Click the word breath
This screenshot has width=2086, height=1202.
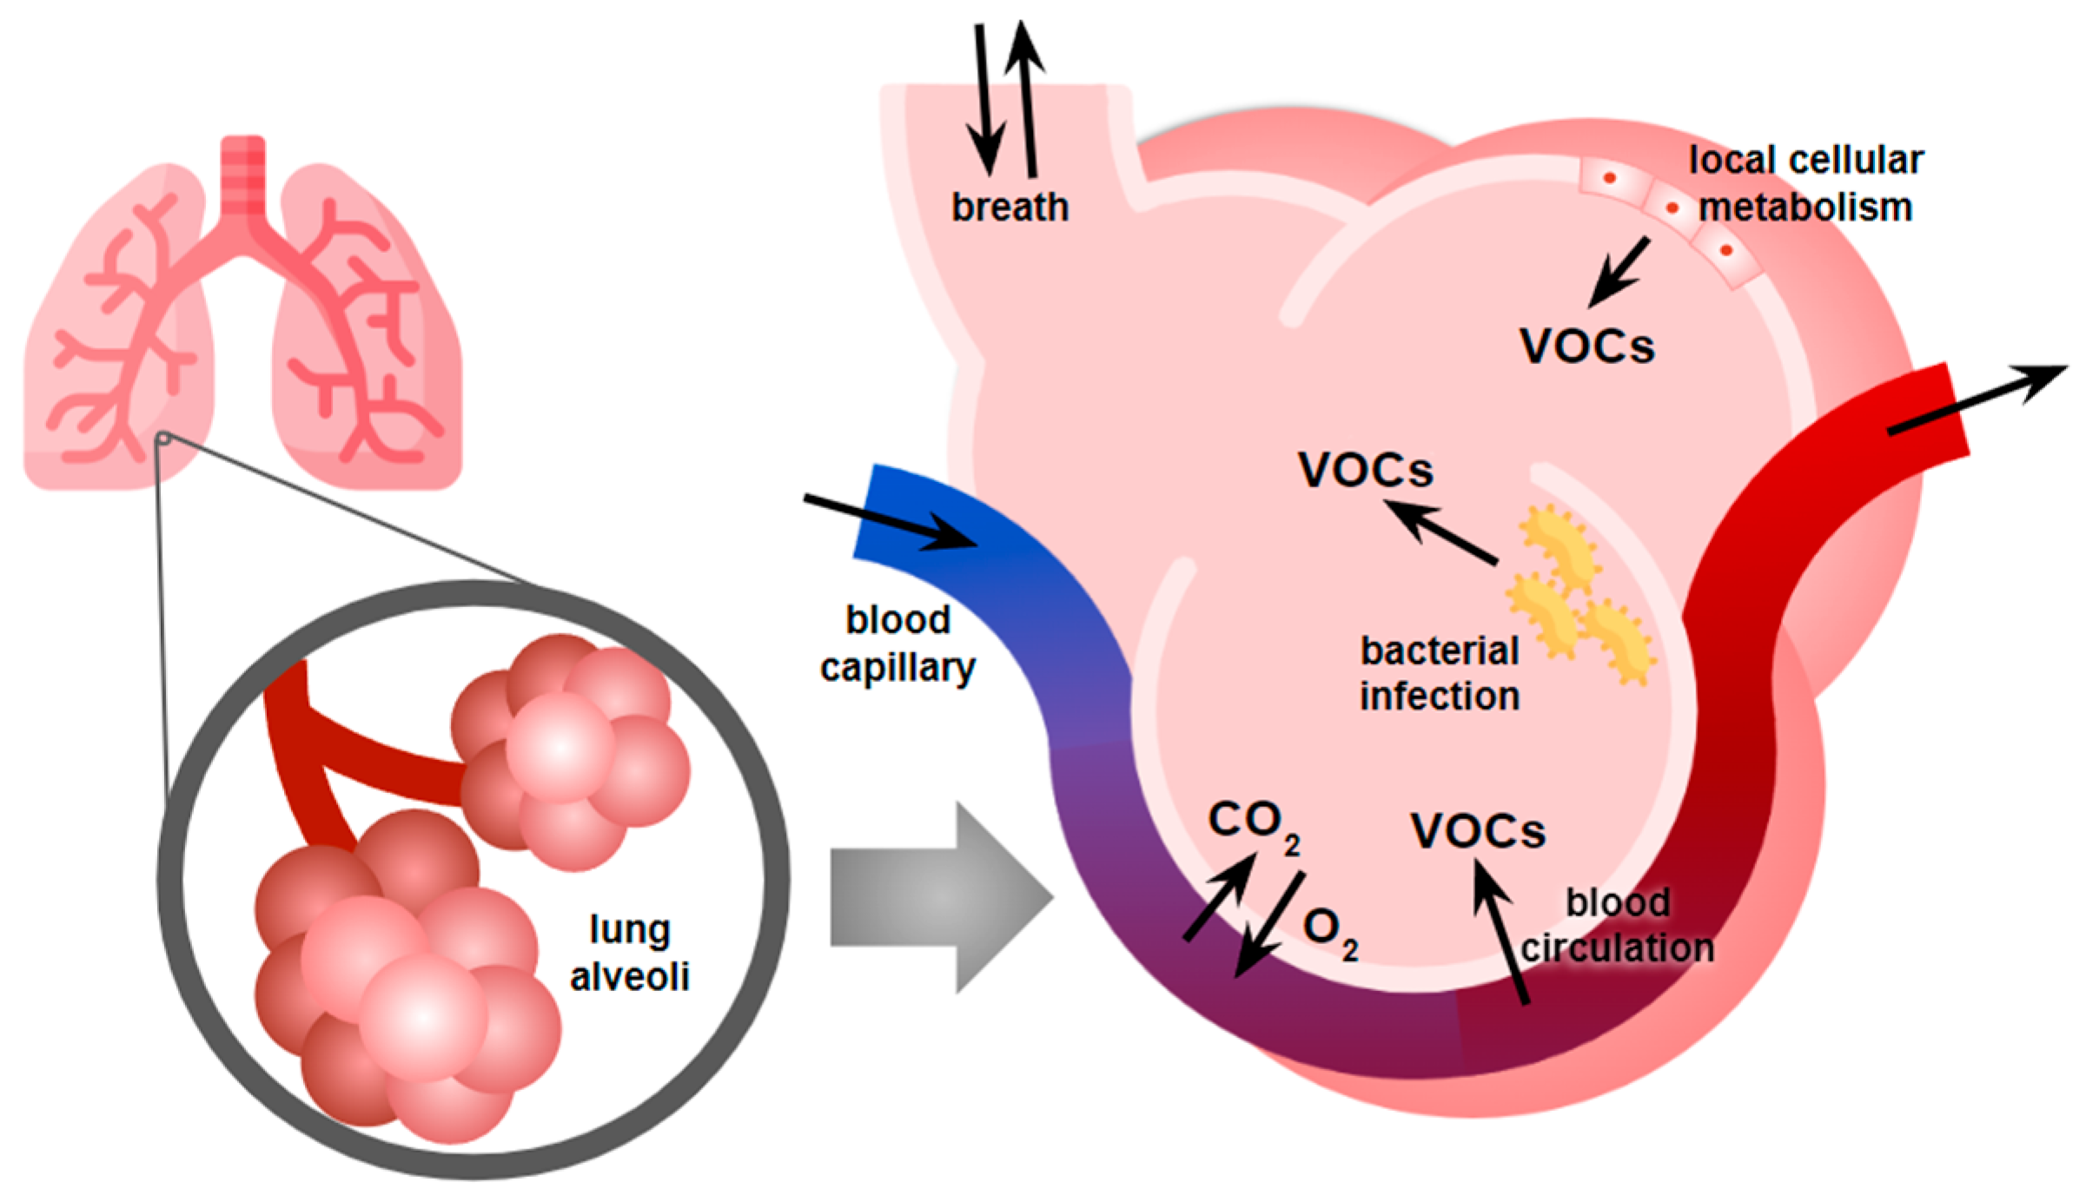pos(1009,208)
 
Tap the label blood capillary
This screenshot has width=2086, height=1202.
pos(897,644)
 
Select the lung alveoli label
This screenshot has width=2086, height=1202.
pos(629,953)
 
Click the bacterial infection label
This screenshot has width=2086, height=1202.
pos(1439,674)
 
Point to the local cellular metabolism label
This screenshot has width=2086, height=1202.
pos(1805,183)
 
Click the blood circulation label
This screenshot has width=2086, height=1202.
pos(1617,925)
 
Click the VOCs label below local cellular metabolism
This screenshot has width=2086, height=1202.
pos(1586,347)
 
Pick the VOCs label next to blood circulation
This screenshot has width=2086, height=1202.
pos(1477,831)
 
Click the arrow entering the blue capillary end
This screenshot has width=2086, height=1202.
pos(891,522)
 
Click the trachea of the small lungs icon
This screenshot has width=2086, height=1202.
pos(242,178)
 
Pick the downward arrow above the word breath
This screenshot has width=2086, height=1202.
pos(984,100)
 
